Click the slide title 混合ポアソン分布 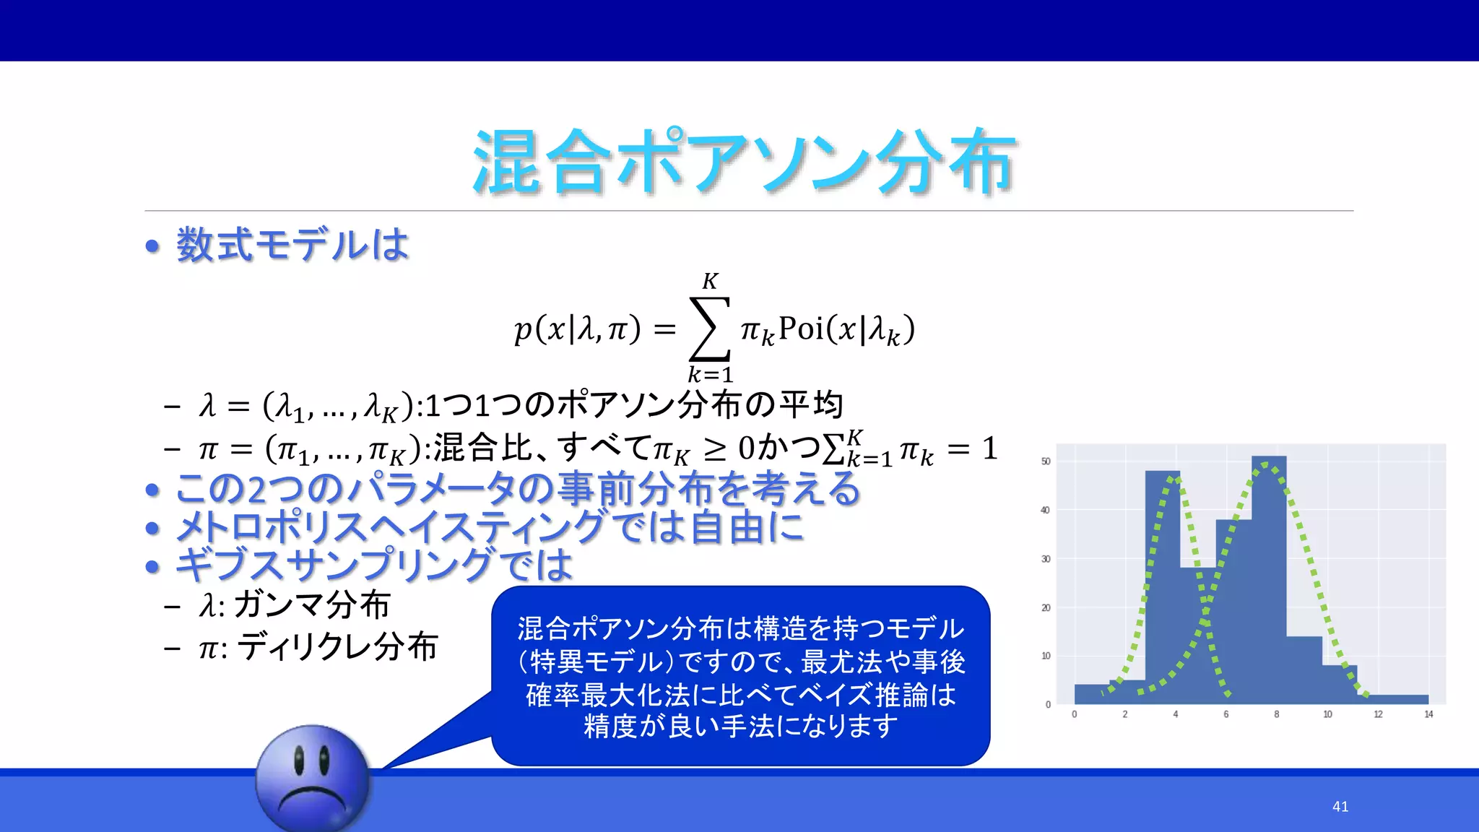[x=744, y=162]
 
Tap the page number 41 [x=1340, y=807]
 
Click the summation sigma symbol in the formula [x=710, y=329]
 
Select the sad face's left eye [x=298, y=759]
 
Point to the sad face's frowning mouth [x=312, y=799]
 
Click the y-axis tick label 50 [x=1045, y=461]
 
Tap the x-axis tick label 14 [x=1428, y=714]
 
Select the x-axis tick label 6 [x=1226, y=714]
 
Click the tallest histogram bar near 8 [x=1269, y=578]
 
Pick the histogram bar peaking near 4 [x=1163, y=585]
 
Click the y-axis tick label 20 [x=1045, y=608]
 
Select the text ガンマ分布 [x=312, y=605]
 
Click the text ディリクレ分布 [x=337, y=646]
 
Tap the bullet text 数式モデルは [x=292, y=245]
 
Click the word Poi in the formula [x=801, y=329]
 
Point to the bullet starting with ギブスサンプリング [x=374, y=565]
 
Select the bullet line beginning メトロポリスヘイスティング [x=490, y=527]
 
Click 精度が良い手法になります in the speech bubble [x=741, y=727]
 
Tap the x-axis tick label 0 [x=1074, y=714]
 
